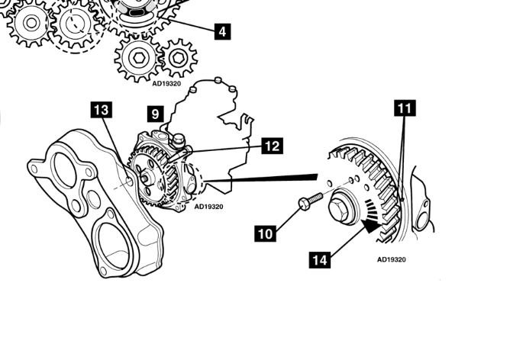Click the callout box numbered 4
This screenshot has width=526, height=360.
222,32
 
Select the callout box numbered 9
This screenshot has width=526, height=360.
155,114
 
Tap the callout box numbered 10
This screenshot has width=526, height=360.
266,233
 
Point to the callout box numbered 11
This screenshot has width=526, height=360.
405,108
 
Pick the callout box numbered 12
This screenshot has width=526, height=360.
272,146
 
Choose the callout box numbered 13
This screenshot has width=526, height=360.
102,110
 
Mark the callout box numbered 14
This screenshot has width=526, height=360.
320,260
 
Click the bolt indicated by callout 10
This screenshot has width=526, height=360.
310,201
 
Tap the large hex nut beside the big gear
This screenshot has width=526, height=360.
341,207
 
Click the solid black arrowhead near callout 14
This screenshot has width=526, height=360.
372,225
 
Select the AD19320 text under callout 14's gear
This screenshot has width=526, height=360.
391,259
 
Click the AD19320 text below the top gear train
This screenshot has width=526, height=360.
166,83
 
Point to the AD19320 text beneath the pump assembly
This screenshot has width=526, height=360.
208,207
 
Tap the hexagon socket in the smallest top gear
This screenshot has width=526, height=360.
178,58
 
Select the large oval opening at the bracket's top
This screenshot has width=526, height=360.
64,170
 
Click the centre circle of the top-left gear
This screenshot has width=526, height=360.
31,23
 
